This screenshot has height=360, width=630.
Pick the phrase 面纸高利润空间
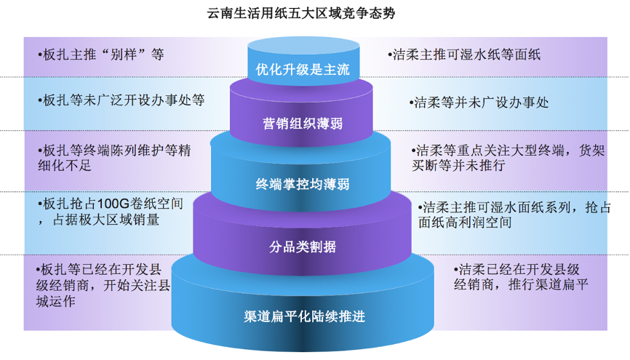(x=465, y=223)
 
